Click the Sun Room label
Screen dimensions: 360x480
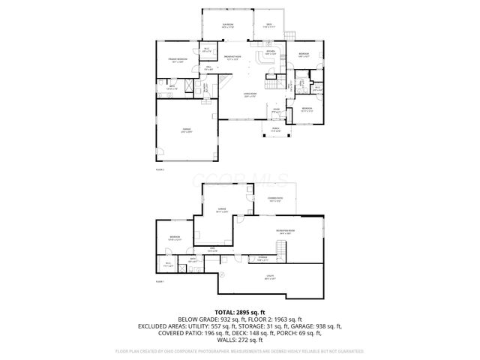[227, 25]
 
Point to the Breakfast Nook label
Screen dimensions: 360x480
[232, 57]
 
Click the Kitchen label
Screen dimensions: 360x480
[269, 52]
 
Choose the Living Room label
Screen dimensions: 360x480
[250, 94]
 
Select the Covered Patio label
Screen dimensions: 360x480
[275, 199]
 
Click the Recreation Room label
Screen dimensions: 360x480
[286, 231]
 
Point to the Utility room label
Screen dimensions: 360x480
[269, 278]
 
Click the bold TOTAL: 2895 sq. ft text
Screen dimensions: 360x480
[239, 311]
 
